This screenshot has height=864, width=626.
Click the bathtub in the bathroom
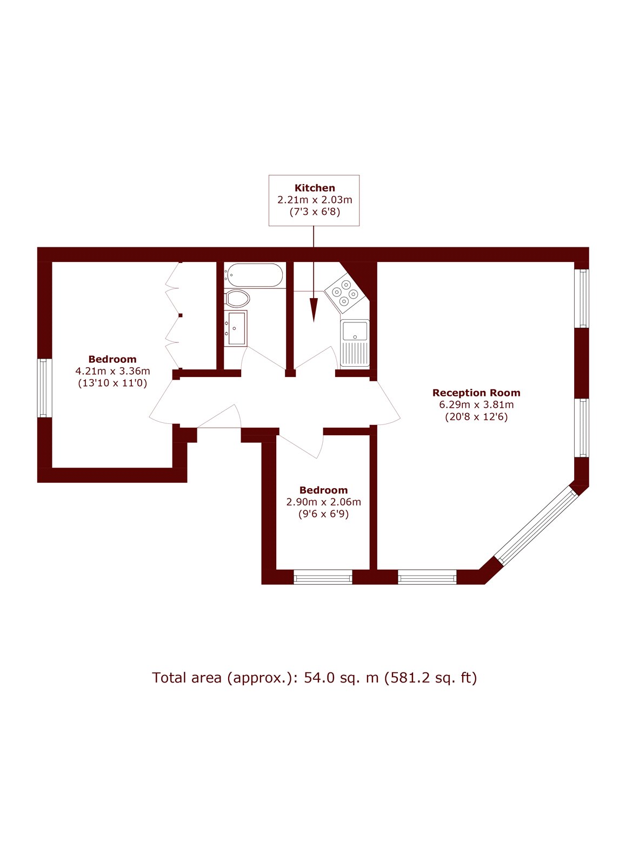point(255,275)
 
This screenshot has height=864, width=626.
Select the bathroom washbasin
point(236,328)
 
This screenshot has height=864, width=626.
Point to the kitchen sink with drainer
point(355,343)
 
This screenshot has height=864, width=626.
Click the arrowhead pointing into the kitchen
point(314,309)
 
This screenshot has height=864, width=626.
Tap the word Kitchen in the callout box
point(315,188)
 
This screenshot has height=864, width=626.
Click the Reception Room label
point(476,393)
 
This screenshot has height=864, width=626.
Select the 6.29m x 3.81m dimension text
point(476,404)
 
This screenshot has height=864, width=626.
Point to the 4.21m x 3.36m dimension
point(112,371)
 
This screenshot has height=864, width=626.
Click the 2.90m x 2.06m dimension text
point(324,502)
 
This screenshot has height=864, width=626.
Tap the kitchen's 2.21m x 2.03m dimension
point(315,200)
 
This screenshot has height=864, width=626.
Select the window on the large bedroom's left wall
point(44,388)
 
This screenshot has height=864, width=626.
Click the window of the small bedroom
point(323,577)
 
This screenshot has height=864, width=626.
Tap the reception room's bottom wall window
point(427,577)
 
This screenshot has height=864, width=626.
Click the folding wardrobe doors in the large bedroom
point(174,315)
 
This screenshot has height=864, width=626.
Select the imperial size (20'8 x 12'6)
point(476,417)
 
